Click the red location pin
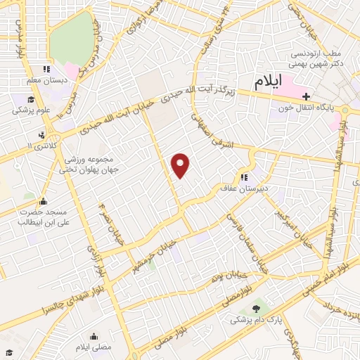point(181,165)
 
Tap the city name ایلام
point(269,82)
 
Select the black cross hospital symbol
point(306,96)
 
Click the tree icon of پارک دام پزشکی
point(255,307)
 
